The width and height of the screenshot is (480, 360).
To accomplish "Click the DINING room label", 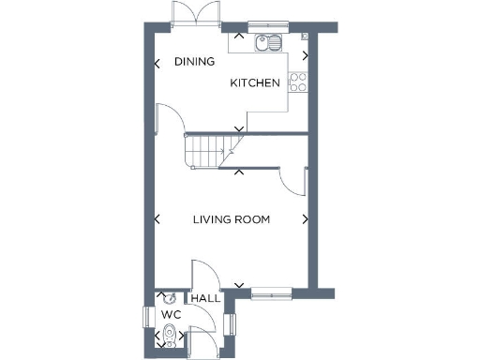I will point(194,62).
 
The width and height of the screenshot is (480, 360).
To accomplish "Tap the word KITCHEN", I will point(256,83).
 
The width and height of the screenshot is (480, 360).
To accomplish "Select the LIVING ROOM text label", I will point(231,220).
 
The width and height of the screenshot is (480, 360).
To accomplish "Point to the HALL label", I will point(205,299).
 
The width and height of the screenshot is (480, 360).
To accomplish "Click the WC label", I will point(170,314).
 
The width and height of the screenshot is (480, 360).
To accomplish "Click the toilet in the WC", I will point(168,336).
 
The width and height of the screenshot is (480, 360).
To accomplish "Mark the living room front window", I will point(272,292).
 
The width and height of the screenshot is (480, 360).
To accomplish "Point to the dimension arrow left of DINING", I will point(157,64).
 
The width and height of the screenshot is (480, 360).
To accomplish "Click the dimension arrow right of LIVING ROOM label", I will point(305,220).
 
